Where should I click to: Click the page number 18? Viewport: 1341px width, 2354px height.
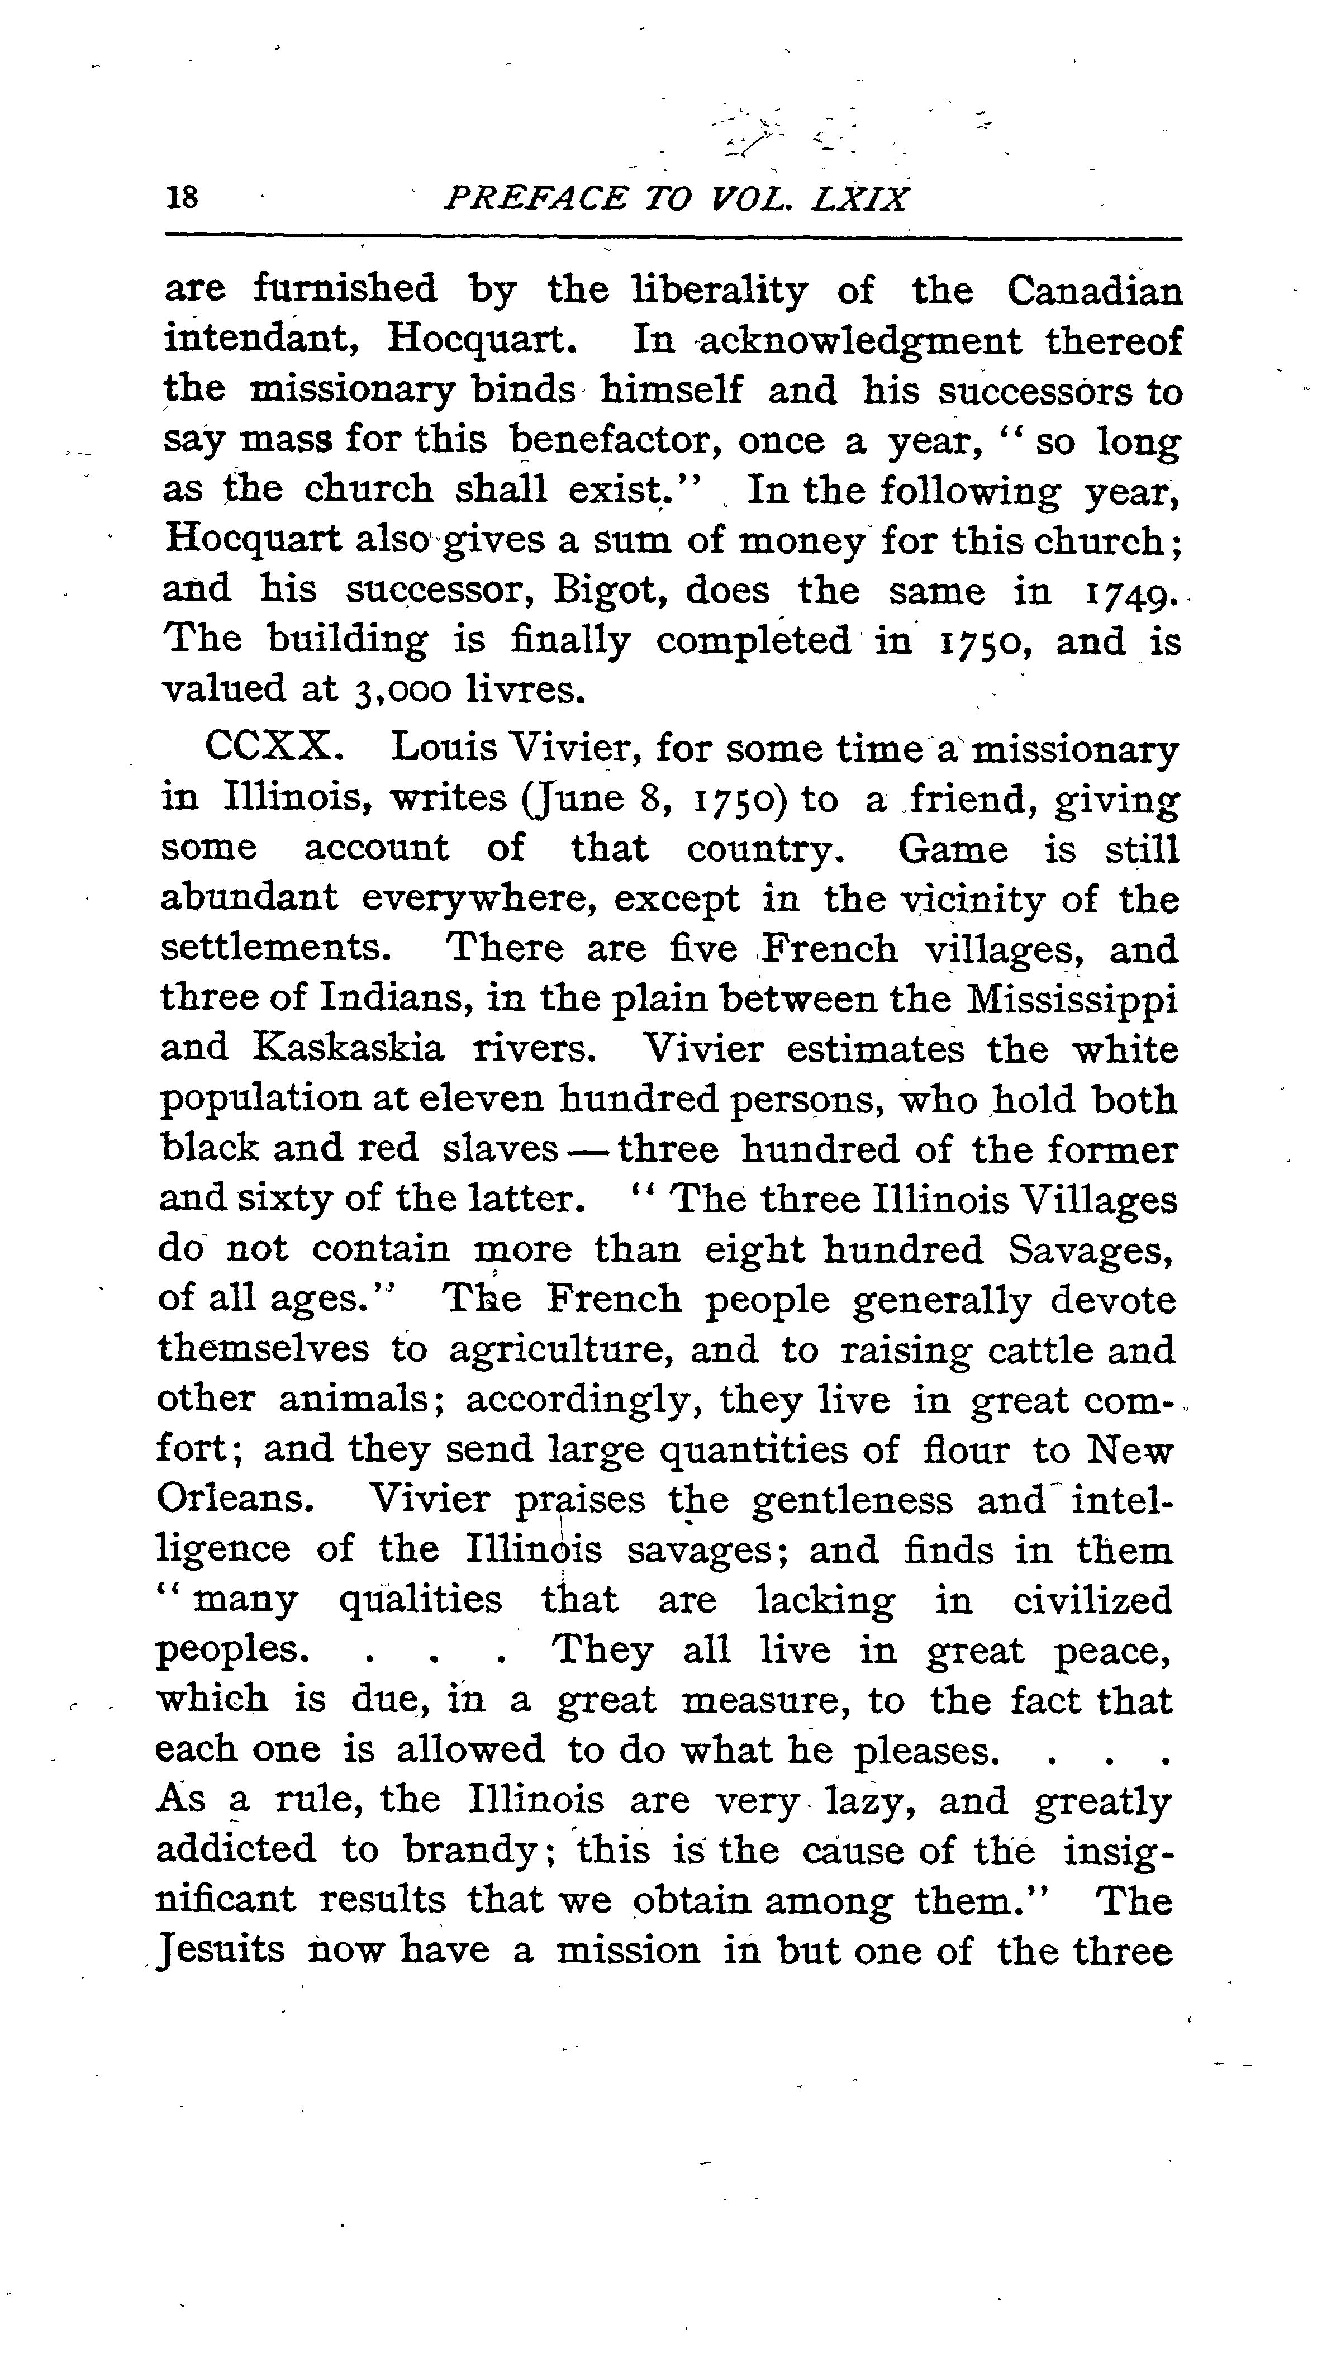click(x=182, y=198)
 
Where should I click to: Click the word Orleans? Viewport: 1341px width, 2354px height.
click(x=236, y=1499)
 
